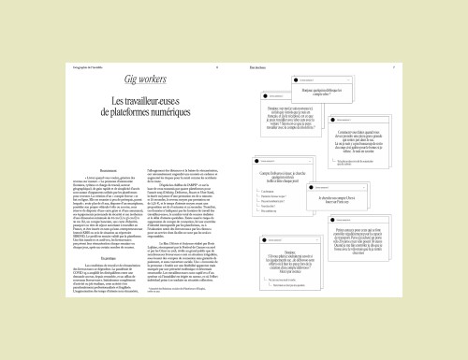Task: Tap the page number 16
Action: click(x=216, y=67)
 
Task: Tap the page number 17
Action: click(x=394, y=67)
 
